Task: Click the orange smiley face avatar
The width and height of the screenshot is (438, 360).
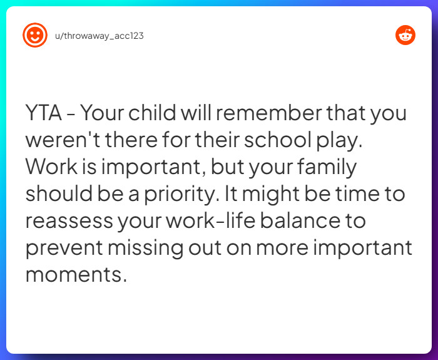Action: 35,35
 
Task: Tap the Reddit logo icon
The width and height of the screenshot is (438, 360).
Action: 405,35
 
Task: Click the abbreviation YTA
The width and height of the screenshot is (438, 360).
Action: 44,114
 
